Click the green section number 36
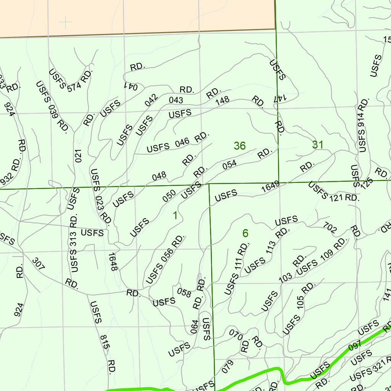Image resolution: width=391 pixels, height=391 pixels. (x=240, y=146)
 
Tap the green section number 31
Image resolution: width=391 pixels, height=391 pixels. (x=318, y=145)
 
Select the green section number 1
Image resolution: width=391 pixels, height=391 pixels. (x=175, y=216)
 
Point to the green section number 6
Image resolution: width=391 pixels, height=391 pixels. (x=245, y=233)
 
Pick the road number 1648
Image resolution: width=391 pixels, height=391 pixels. (x=112, y=262)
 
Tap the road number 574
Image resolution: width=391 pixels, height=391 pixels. (x=74, y=87)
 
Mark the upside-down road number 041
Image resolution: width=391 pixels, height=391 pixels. (x=130, y=86)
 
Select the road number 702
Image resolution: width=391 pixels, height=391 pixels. (x=330, y=228)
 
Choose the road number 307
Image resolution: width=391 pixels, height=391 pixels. (x=38, y=264)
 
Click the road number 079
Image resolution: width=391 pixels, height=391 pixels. (x=227, y=367)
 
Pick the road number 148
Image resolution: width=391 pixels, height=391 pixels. (x=222, y=100)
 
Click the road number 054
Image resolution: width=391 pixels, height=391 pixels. (x=229, y=164)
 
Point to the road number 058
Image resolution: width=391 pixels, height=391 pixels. (x=184, y=292)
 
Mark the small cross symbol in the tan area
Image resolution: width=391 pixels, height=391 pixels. (x=65, y=23)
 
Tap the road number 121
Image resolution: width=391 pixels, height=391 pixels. (x=336, y=197)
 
